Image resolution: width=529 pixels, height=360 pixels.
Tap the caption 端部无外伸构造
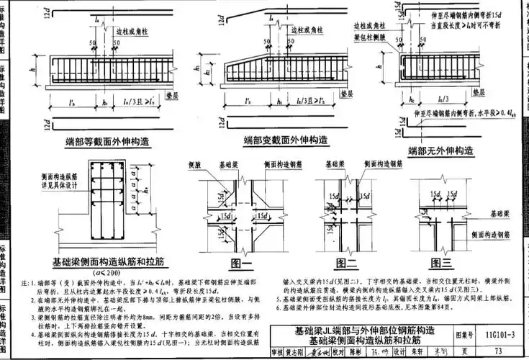click(x=440, y=151)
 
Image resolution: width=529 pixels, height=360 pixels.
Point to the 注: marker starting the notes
click(x=26, y=282)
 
